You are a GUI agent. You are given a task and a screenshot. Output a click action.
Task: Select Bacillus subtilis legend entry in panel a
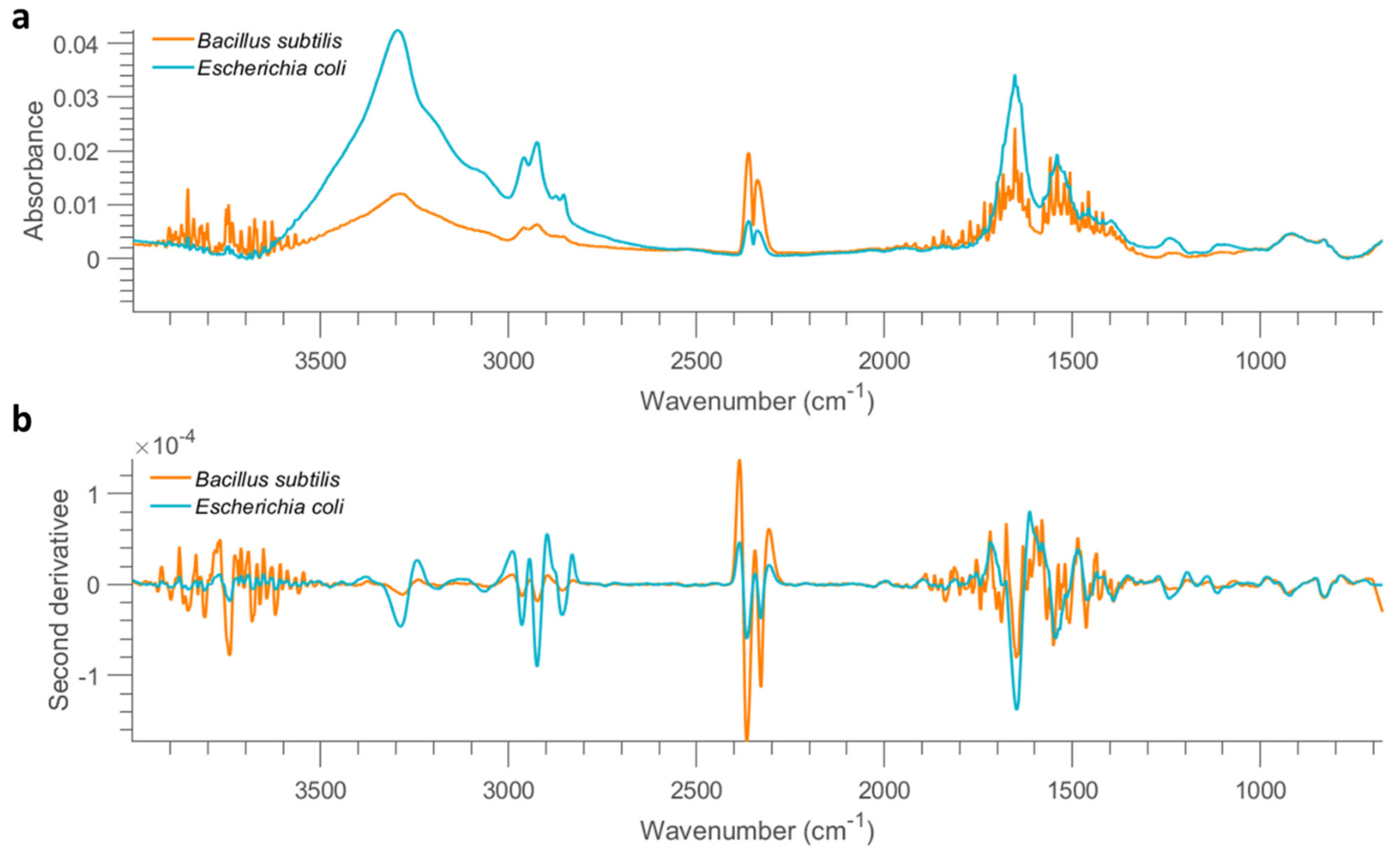pos(270,41)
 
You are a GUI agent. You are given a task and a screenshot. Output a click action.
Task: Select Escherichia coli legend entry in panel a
pos(272,68)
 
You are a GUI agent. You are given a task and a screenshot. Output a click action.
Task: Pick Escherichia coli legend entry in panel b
pos(269,506)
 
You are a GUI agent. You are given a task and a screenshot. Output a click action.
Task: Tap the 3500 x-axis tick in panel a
pos(321,360)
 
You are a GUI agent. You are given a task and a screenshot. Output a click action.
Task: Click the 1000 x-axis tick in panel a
pos(1260,360)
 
